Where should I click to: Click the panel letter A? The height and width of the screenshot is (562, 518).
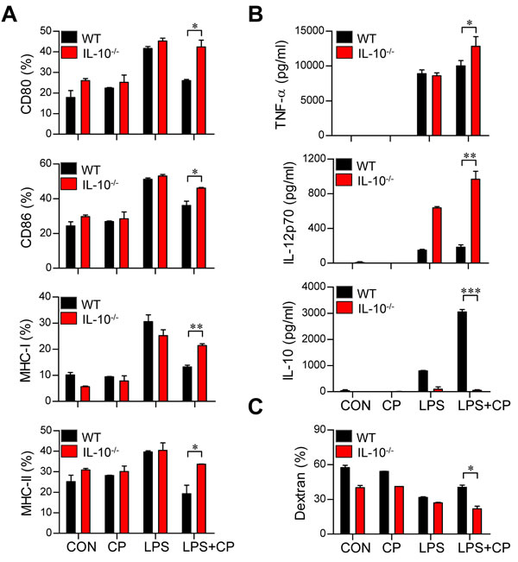[x=9, y=14]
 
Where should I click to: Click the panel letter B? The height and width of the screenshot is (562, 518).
[x=256, y=14]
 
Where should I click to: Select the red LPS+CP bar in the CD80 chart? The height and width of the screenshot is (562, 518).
[x=201, y=91]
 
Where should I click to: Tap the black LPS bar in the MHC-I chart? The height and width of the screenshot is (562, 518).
[x=148, y=361]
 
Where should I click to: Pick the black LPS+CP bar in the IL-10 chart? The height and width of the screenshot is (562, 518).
[x=462, y=351]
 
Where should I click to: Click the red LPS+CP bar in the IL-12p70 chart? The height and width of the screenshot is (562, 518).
[x=476, y=221]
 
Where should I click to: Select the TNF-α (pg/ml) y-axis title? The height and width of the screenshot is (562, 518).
[x=281, y=85]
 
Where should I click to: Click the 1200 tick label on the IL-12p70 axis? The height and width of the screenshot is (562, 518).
[x=314, y=159]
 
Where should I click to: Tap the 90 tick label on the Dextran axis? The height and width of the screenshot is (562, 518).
[x=319, y=430]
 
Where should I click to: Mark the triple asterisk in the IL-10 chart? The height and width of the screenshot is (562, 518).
[x=471, y=291]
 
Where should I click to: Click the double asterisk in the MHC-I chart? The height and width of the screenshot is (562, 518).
[x=196, y=327]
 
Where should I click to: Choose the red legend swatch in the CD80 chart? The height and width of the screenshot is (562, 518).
[x=69, y=53]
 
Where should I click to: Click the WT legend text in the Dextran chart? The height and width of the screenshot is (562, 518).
[x=366, y=438]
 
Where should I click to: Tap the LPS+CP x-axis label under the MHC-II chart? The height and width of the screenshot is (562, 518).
[x=208, y=547]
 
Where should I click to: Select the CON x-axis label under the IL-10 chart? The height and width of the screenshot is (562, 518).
[x=355, y=406]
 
